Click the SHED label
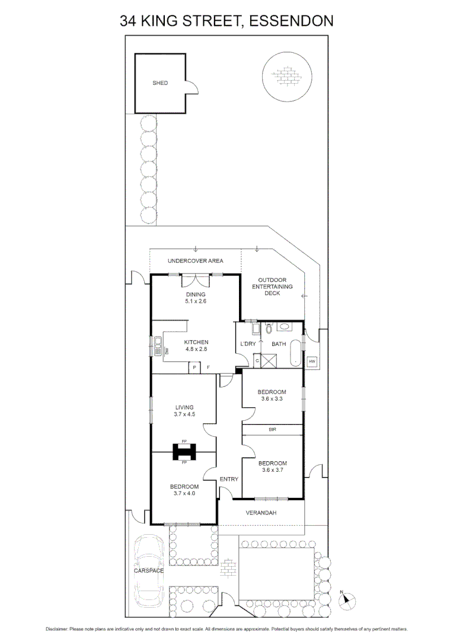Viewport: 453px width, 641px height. coord(160,83)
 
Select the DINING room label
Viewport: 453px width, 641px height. coord(195,294)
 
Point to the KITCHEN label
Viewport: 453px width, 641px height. coord(196,342)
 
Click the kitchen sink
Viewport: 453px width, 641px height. coord(158,346)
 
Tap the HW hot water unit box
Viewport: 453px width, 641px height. coord(312,361)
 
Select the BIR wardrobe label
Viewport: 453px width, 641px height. coord(273,429)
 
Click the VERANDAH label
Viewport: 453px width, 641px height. coord(261,513)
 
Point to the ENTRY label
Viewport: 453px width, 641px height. coord(229,479)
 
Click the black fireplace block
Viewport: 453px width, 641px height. coord(184,452)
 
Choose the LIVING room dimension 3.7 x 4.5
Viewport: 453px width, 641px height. coord(184,414)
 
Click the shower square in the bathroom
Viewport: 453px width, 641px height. coord(270,360)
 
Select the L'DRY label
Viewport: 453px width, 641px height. coord(247,344)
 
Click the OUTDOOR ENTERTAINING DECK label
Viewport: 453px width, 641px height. coord(272,286)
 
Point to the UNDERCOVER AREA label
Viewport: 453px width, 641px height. coord(195,261)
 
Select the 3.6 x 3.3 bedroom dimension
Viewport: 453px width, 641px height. coord(272,399)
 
